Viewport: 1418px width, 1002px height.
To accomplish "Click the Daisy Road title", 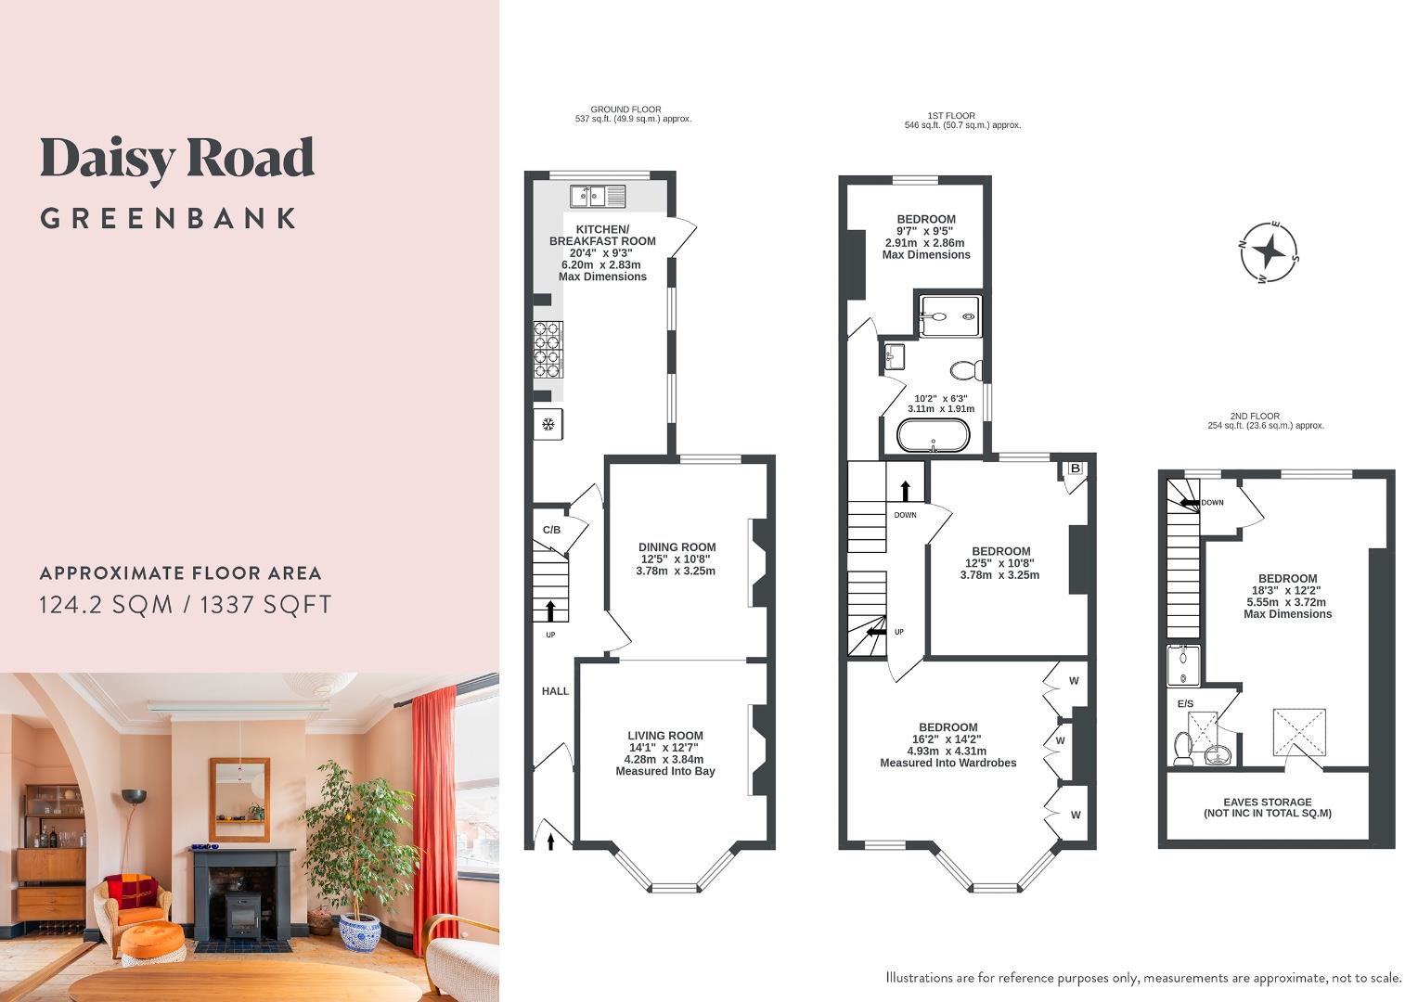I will (x=177, y=159).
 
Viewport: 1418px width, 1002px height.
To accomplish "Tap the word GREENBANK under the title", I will (x=168, y=219).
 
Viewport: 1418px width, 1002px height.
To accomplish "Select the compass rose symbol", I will (x=1270, y=250).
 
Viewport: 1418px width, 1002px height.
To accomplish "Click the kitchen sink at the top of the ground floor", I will (x=598, y=196).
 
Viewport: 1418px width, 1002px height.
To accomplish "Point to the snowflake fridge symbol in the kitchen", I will (x=548, y=425).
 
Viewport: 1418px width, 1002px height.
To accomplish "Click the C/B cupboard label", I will (x=551, y=530).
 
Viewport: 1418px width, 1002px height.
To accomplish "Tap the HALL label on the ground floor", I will (x=555, y=691).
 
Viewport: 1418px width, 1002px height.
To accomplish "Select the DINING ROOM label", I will (x=677, y=547).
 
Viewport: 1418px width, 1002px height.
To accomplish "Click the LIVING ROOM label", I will (x=664, y=736).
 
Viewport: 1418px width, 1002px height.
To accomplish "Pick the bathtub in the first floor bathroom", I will (x=934, y=435).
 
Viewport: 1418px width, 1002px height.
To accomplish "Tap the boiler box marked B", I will (x=1075, y=469).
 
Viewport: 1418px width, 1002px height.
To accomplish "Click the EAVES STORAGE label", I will (x=1267, y=803).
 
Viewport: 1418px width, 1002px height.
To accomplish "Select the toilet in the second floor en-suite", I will (x=1183, y=747).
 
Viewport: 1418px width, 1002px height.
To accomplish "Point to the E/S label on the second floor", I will (x=1185, y=704).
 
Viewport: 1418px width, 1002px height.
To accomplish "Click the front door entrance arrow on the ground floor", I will (x=552, y=841).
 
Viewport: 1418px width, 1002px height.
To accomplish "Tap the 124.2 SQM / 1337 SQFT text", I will (x=185, y=605).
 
